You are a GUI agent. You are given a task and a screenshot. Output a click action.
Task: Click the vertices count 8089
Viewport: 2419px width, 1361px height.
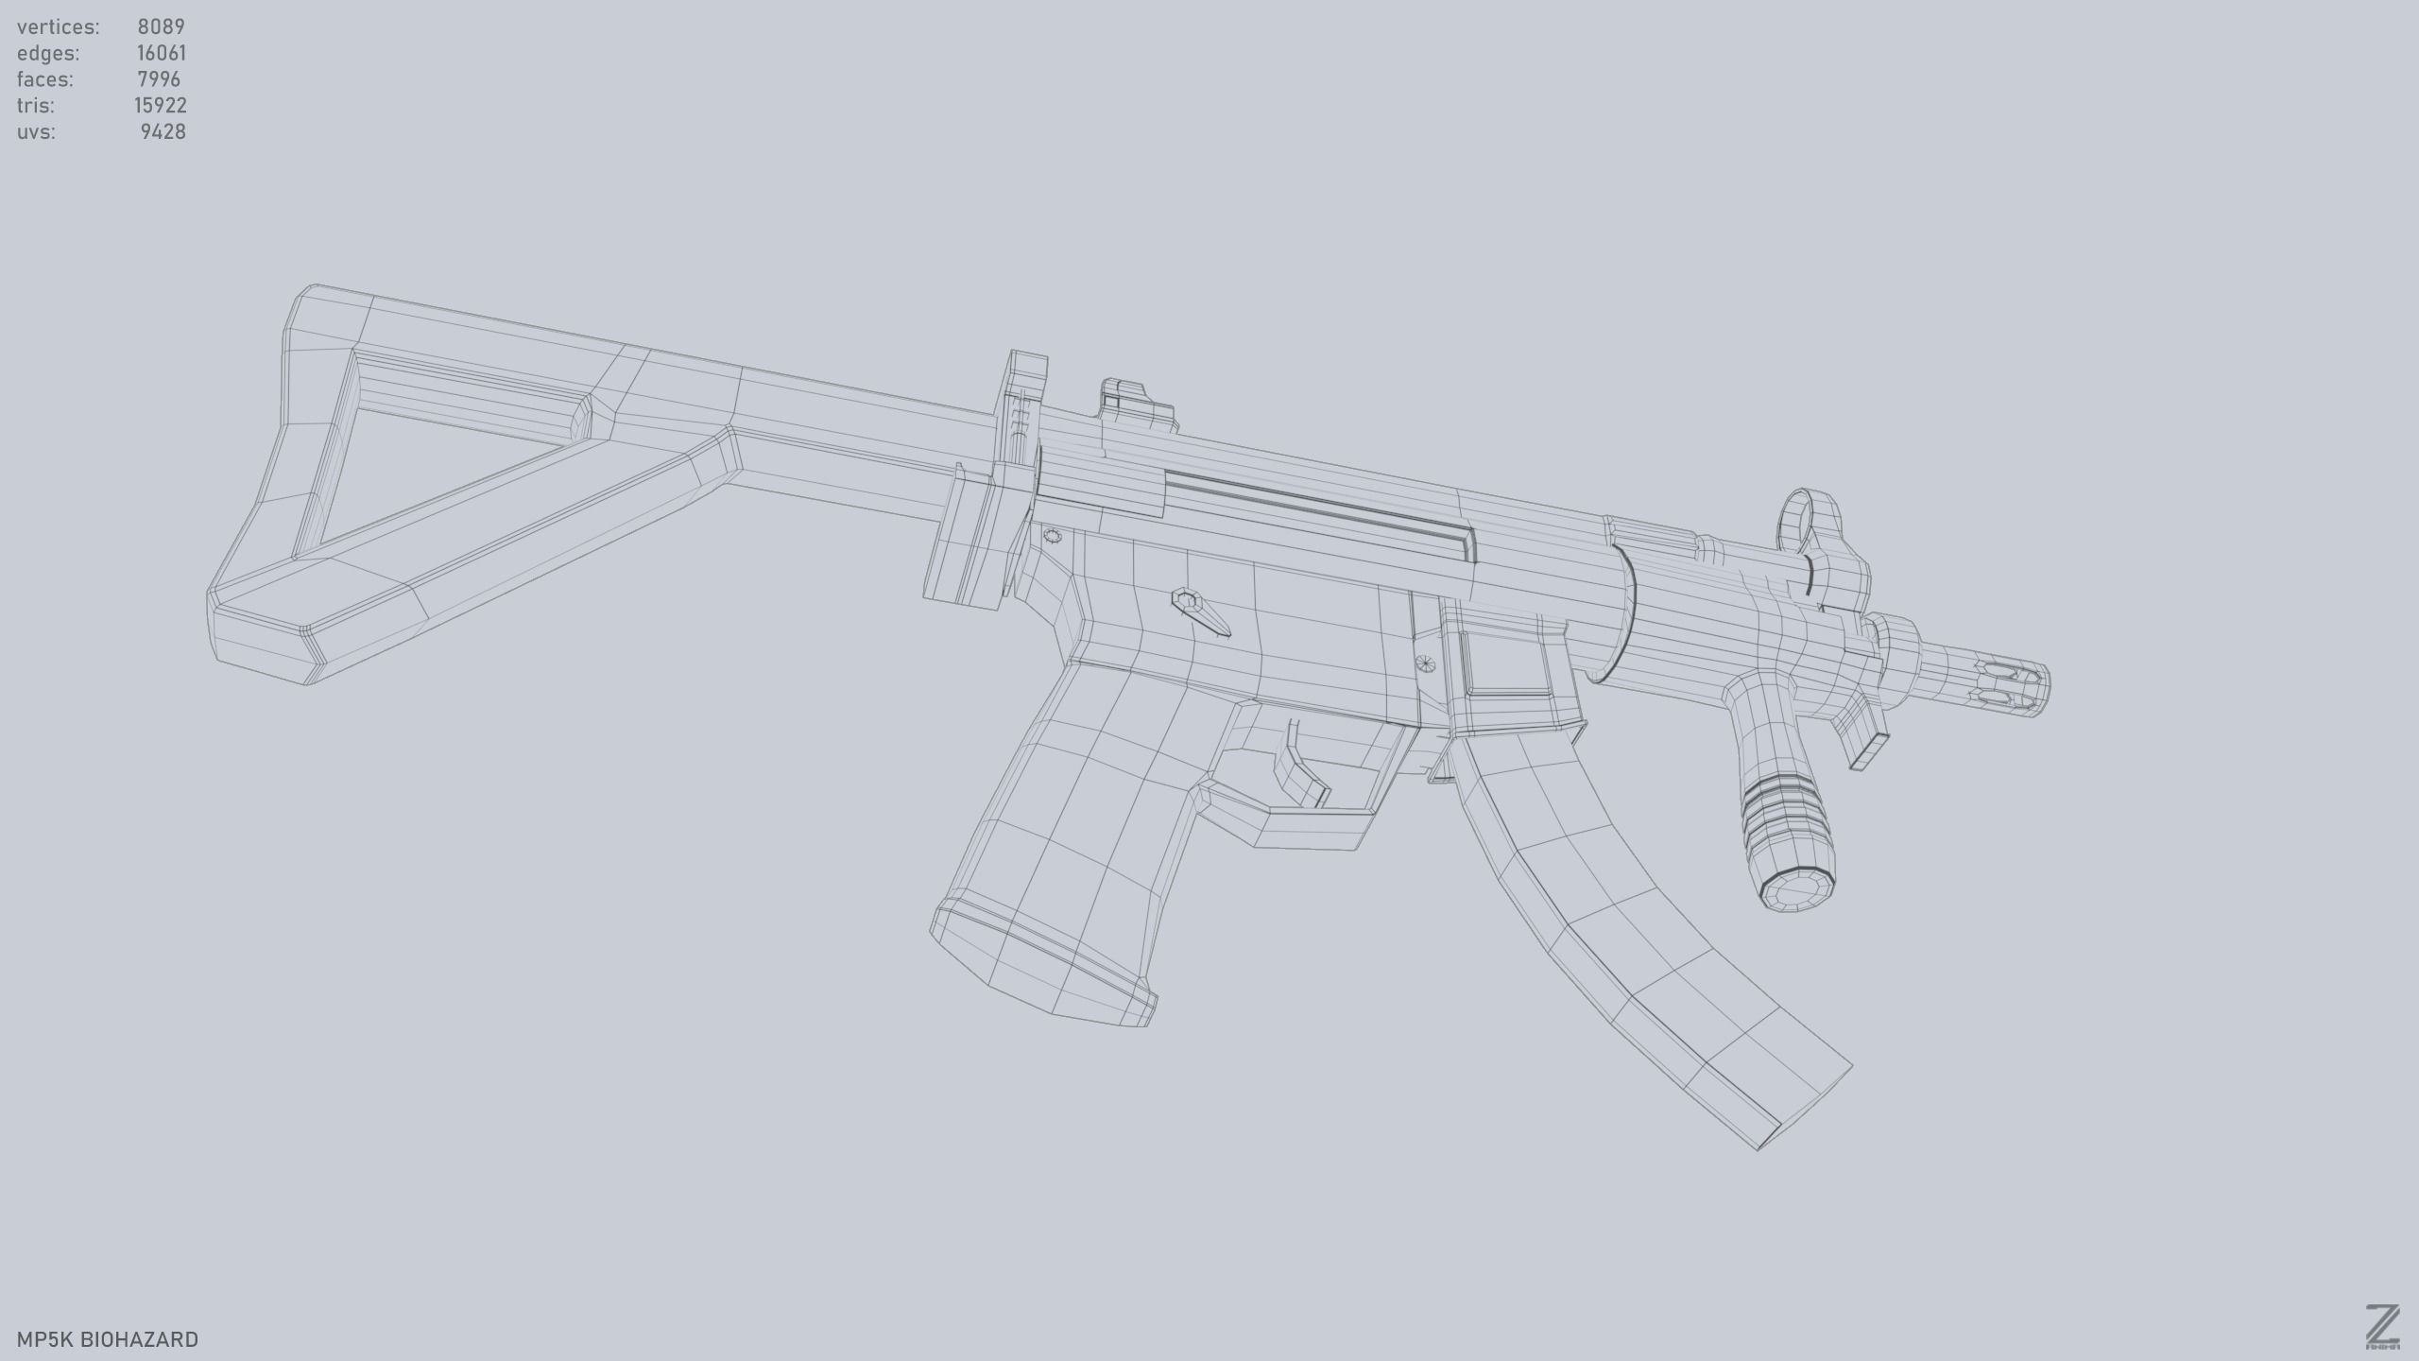click(161, 26)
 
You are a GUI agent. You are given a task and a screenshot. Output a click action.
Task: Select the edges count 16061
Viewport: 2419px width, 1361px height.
click(161, 53)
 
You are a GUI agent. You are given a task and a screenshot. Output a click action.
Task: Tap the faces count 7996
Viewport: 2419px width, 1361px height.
click(159, 79)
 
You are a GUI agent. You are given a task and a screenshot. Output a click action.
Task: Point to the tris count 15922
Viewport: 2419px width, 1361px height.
click(160, 106)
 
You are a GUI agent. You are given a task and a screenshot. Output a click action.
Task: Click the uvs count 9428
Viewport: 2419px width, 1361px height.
click(163, 132)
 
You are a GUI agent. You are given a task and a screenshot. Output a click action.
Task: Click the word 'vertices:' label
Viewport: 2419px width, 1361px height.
click(58, 26)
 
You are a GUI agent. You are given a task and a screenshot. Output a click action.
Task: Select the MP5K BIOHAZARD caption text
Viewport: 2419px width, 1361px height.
click(108, 1339)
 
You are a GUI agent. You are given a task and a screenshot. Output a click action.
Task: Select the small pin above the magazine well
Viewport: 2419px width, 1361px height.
click(1427, 663)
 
